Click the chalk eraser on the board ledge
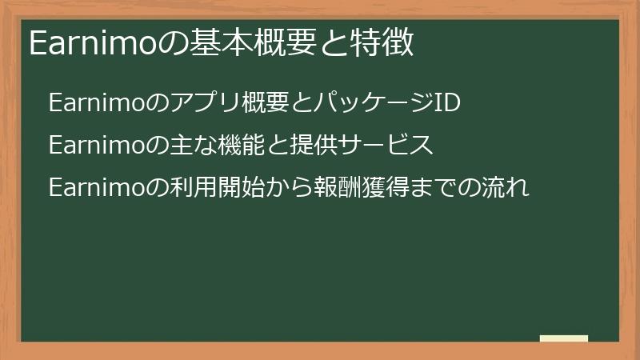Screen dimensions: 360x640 click(x=564, y=339)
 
